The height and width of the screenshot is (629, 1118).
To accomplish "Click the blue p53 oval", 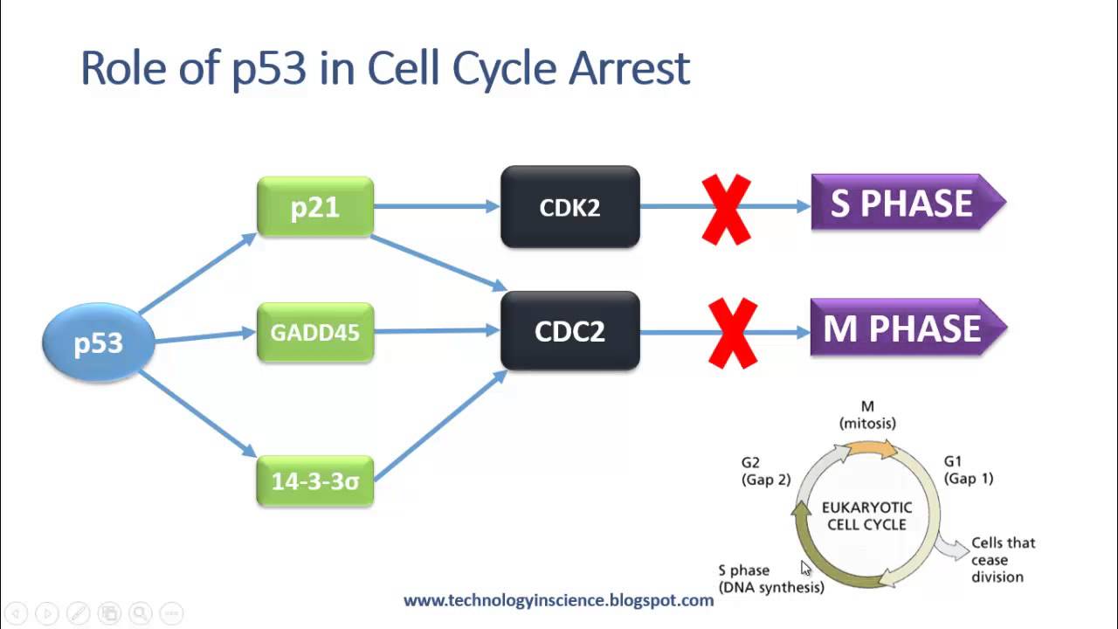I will pos(99,342).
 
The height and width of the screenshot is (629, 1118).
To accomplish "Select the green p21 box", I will pos(315,207).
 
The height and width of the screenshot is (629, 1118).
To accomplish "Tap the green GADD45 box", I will pos(315,332).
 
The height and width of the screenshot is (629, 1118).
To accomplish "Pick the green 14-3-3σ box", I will pos(315,480).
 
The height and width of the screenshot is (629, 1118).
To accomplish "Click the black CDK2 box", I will pos(569,207).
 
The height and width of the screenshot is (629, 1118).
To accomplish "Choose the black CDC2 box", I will pos(569,331).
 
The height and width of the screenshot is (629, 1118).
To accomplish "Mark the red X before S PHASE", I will pos(727,209).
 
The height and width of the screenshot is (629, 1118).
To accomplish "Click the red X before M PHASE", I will pos(732,333).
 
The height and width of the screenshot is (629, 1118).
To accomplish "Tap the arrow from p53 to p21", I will pos(197,273).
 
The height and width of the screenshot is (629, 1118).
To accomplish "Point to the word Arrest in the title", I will pos(629,68).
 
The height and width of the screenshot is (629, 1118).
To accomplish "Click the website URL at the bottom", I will pos(558,600).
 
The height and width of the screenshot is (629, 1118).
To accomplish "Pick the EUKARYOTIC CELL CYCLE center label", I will pos(866,515).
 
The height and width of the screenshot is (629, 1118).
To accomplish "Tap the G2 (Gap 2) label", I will pos(765,471).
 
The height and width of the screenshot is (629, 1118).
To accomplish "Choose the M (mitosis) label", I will pos(867,415).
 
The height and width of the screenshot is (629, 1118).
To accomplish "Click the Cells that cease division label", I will pos(1003,559).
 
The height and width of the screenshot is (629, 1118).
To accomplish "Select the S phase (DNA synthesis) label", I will pos(770,578).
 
